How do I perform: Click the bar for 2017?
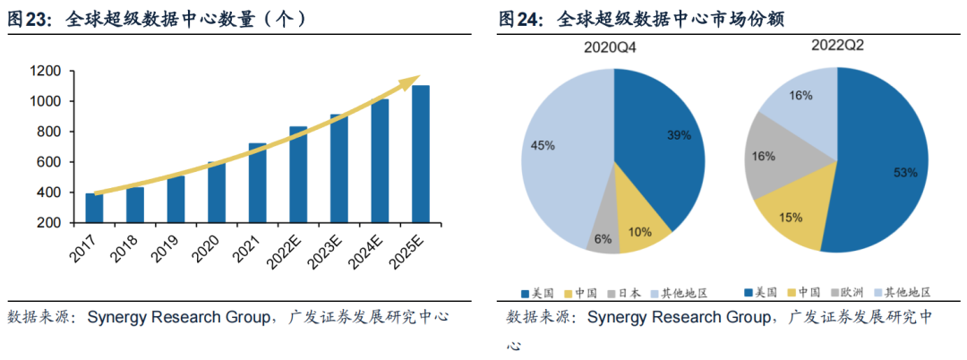coord(94,208)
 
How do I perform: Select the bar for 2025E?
coord(420,154)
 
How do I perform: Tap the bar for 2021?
coord(257,183)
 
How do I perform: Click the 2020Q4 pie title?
coord(612,47)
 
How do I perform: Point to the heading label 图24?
coord(520,20)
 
